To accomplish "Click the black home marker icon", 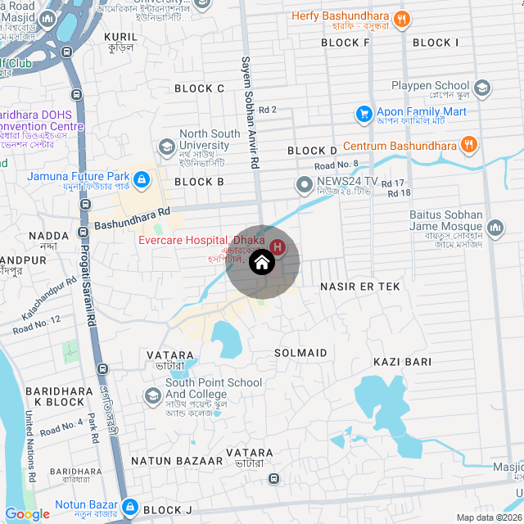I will (x=261, y=263).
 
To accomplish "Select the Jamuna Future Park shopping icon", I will (x=141, y=177).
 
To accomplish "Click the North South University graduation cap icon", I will (x=167, y=147).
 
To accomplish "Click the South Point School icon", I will (x=153, y=396).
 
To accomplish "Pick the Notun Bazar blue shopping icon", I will (x=128, y=505).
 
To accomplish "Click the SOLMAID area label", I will (x=300, y=353).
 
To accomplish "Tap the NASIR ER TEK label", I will (x=359, y=287).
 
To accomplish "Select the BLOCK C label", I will (x=199, y=88).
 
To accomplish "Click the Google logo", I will (x=27, y=514).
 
